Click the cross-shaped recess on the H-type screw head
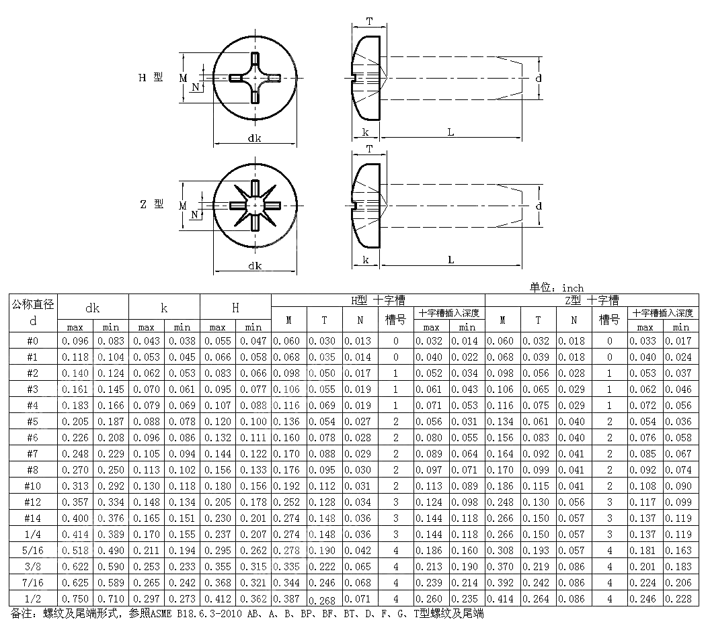[254, 79]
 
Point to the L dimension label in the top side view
[450, 132]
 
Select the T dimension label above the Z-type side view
[369, 149]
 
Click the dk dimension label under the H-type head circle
[254, 138]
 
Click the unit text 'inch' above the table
[573, 287]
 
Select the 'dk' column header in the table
[93, 308]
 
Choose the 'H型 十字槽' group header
[377, 300]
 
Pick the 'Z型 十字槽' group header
[592, 300]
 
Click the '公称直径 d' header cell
[33, 312]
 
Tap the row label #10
[33, 486]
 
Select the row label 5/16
[33, 550]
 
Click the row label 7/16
[33, 582]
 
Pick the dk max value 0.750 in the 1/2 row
[75, 598]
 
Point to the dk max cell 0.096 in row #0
[75, 341]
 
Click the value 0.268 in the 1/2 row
[324, 600]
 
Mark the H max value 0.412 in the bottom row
[217, 598]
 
